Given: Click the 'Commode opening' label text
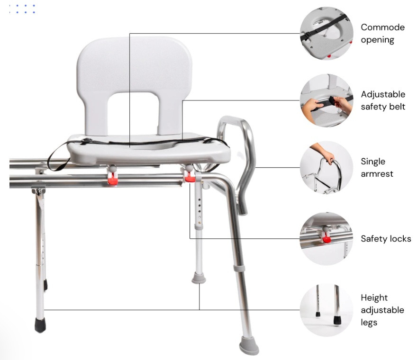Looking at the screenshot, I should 382,33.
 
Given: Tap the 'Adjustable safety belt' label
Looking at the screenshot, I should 383,100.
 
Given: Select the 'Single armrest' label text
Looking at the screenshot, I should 377,168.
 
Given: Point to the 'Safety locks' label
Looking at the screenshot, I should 386,239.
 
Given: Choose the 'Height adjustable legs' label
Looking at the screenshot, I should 382,310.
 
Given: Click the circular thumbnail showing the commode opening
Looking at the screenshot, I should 326,33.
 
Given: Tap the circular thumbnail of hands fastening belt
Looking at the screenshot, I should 326,100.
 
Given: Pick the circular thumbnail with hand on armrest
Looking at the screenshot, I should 326,168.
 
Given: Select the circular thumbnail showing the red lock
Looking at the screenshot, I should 326,239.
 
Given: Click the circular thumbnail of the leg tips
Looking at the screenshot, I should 326,310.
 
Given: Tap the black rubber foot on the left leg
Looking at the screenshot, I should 40,325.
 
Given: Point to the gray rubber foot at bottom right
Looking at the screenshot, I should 249,345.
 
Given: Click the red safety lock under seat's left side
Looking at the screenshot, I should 113,179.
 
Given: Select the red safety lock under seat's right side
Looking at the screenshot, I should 190,177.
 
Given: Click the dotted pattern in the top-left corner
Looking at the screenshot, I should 23,8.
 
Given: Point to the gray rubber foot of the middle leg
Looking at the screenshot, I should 199,278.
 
